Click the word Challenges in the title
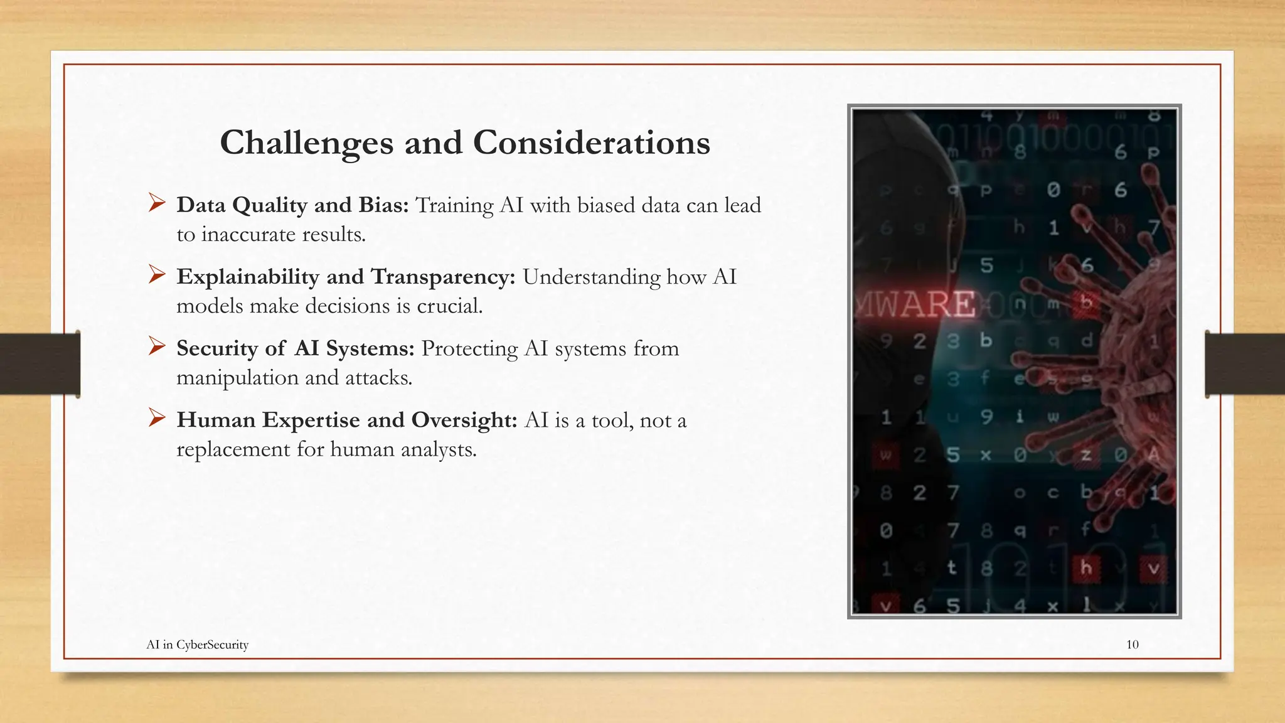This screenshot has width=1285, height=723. [x=306, y=143]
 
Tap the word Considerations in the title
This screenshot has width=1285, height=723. [x=591, y=143]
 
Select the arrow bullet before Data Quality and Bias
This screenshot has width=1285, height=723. [x=157, y=203]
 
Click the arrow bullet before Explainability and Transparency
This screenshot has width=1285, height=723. [x=157, y=274]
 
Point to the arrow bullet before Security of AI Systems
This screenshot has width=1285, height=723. [x=157, y=346]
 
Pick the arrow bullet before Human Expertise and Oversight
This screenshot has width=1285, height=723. [x=157, y=417]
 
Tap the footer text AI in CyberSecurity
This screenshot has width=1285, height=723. [x=197, y=645]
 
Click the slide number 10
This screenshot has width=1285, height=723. [x=1132, y=645]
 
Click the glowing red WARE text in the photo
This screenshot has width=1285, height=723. [x=916, y=304]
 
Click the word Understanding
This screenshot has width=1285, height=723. [x=591, y=277]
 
